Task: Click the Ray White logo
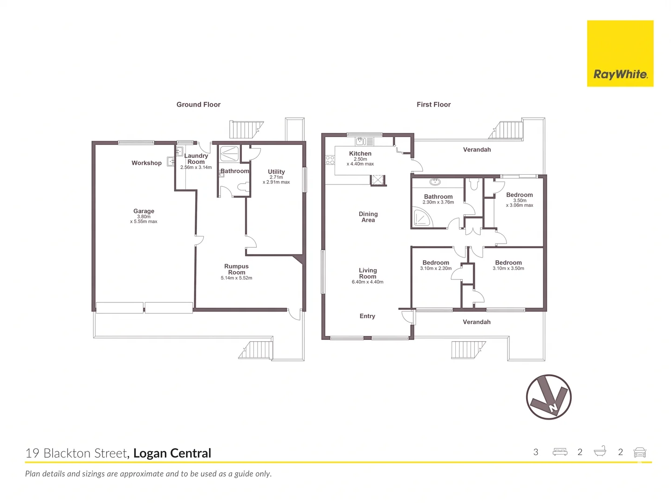coord(620,54)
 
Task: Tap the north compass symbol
coord(548,397)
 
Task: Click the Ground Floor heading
coord(199,104)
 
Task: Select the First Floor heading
coord(433,104)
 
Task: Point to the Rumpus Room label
coord(236,269)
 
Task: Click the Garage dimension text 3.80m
coord(144,216)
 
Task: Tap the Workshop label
coord(146,163)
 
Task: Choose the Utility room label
coord(276,172)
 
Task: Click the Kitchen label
coord(360,153)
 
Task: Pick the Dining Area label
coord(368,217)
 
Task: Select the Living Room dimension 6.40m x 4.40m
coord(368,282)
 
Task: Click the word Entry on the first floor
coord(367,316)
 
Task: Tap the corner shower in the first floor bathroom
coord(422,217)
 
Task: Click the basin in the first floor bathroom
coord(435,182)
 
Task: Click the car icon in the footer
coord(639,452)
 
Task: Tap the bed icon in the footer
coord(560,452)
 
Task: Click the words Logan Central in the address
coord(172,453)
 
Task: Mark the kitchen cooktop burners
coord(330,160)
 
